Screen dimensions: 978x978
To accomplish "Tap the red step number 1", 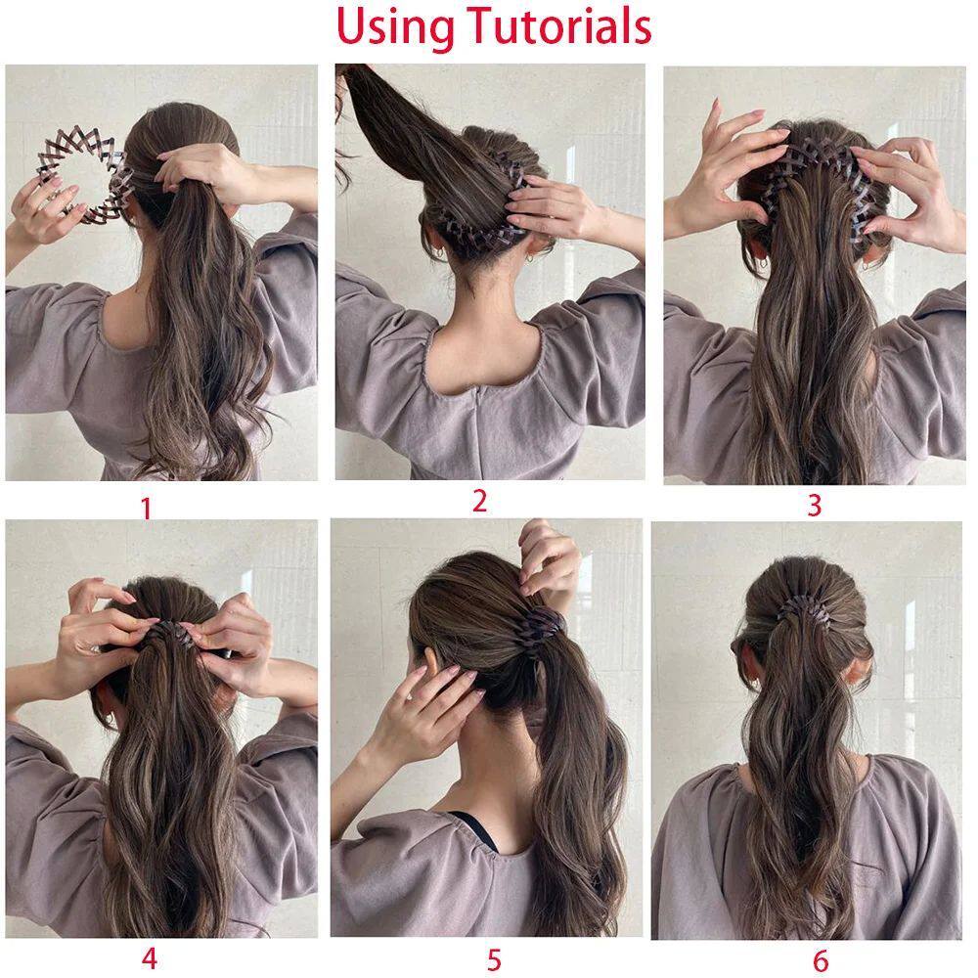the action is [147, 509].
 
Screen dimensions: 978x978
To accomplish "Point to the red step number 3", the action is [814, 506].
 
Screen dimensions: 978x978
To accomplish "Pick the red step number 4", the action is [149, 958].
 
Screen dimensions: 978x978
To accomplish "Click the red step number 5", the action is [494, 960].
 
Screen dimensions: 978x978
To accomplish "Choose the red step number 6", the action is [821, 960].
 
